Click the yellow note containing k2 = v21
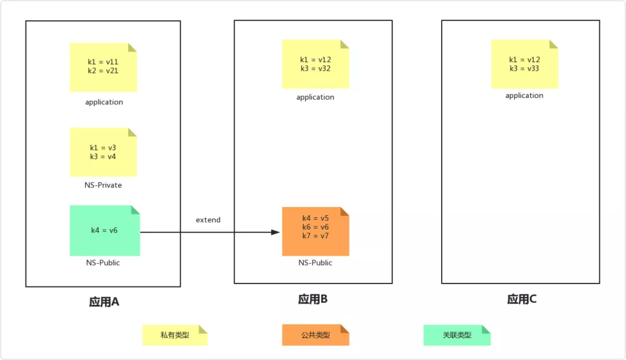click(x=103, y=67)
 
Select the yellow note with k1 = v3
click(x=103, y=152)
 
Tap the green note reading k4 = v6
click(x=104, y=230)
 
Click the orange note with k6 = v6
click(x=315, y=231)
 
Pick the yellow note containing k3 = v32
click(x=315, y=64)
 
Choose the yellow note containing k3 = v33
click(x=524, y=64)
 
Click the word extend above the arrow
click(x=208, y=220)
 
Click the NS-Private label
click(x=103, y=186)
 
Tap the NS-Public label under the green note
click(x=103, y=263)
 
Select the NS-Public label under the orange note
click(x=315, y=263)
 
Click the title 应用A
click(x=104, y=302)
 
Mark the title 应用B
click(x=313, y=299)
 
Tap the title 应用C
click(x=522, y=299)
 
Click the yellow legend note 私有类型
click(x=174, y=335)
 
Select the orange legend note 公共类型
click(x=315, y=335)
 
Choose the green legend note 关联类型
click(x=457, y=335)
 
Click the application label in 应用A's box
click(x=104, y=102)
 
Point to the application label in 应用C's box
click(x=524, y=96)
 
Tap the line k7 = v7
click(x=315, y=236)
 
